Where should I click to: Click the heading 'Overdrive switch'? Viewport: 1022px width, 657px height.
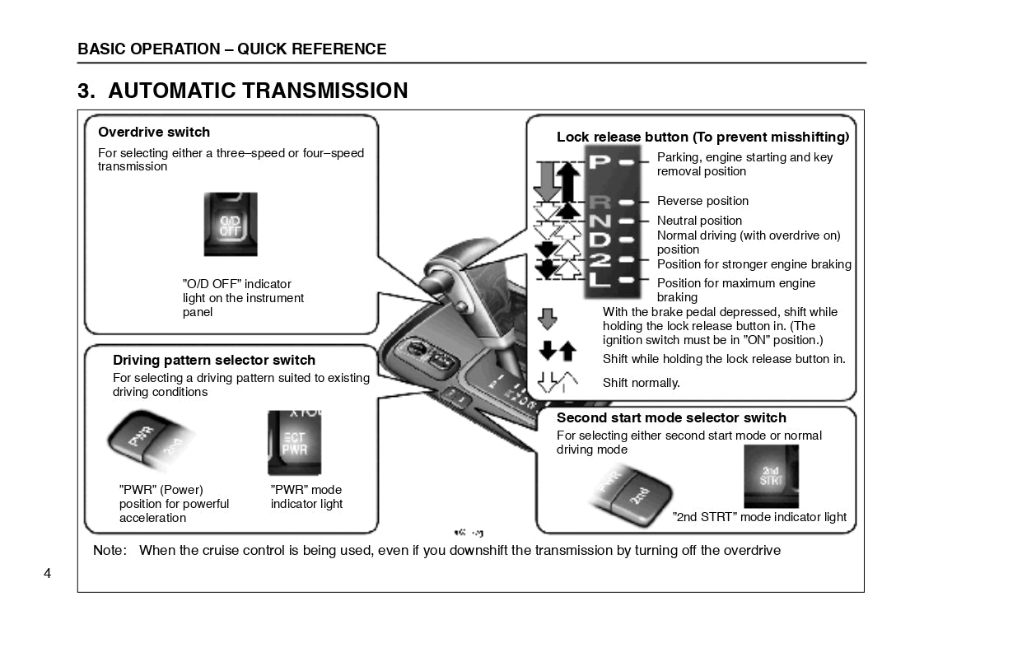click(154, 132)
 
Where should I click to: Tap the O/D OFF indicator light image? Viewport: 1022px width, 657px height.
click(231, 224)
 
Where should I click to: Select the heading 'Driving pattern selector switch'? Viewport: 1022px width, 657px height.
click(214, 360)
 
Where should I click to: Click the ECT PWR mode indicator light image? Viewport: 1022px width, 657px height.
click(294, 443)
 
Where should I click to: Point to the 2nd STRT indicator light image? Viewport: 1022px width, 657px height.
click(771, 476)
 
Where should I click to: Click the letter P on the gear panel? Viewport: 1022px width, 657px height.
click(600, 162)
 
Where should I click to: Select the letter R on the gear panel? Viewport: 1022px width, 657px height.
click(600, 202)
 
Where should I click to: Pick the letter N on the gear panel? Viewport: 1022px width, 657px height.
click(600, 221)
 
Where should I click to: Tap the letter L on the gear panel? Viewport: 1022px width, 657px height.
click(600, 280)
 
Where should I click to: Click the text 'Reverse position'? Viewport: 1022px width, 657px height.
click(702, 201)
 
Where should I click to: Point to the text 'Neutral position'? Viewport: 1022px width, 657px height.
click(699, 221)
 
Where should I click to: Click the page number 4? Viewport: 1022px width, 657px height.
click(47, 573)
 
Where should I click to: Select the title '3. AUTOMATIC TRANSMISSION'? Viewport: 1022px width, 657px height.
click(243, 91)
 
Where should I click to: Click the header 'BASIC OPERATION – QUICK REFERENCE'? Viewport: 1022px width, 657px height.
click(231, 49)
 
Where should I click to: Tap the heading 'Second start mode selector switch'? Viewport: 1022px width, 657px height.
click(671, 417)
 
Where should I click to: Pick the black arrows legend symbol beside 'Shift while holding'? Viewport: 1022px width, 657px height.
click(557, 352)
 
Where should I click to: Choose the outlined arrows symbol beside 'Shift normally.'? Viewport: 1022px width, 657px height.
click(557, 382)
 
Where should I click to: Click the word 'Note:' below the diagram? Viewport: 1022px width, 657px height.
click(110, 550)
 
